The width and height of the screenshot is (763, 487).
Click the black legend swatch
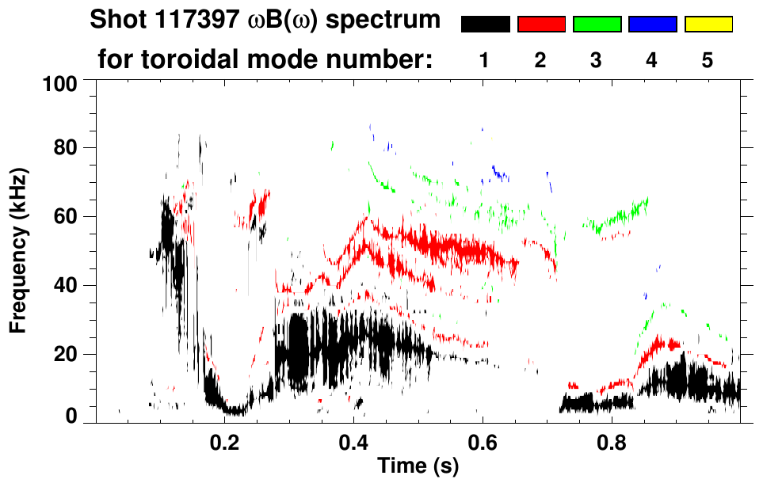486,25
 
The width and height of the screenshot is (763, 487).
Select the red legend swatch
541,25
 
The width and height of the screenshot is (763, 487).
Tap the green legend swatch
597,25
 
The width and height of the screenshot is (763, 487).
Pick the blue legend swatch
652,25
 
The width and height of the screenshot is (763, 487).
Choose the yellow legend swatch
708,25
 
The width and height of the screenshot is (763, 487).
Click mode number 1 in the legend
486,60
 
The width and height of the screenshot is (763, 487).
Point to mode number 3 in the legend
597,60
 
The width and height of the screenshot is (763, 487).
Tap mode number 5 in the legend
708,60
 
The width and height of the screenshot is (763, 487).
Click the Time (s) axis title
418,466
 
